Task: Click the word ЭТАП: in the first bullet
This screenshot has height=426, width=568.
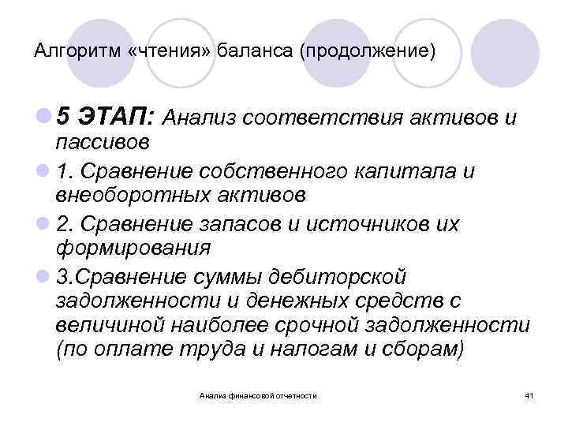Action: click(x=122, y=118)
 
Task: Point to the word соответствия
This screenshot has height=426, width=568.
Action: click(x=326, y=118)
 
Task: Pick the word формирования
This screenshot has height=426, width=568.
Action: click(x=134, y=248)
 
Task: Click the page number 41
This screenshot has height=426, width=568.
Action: click(x=529, y=395)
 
